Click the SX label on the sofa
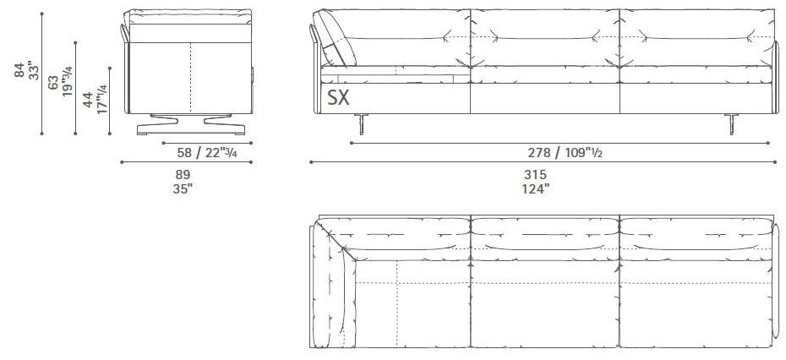point(338,97)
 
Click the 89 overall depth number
point(183,174)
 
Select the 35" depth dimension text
point(183,188)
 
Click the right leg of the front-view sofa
point(729,123)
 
